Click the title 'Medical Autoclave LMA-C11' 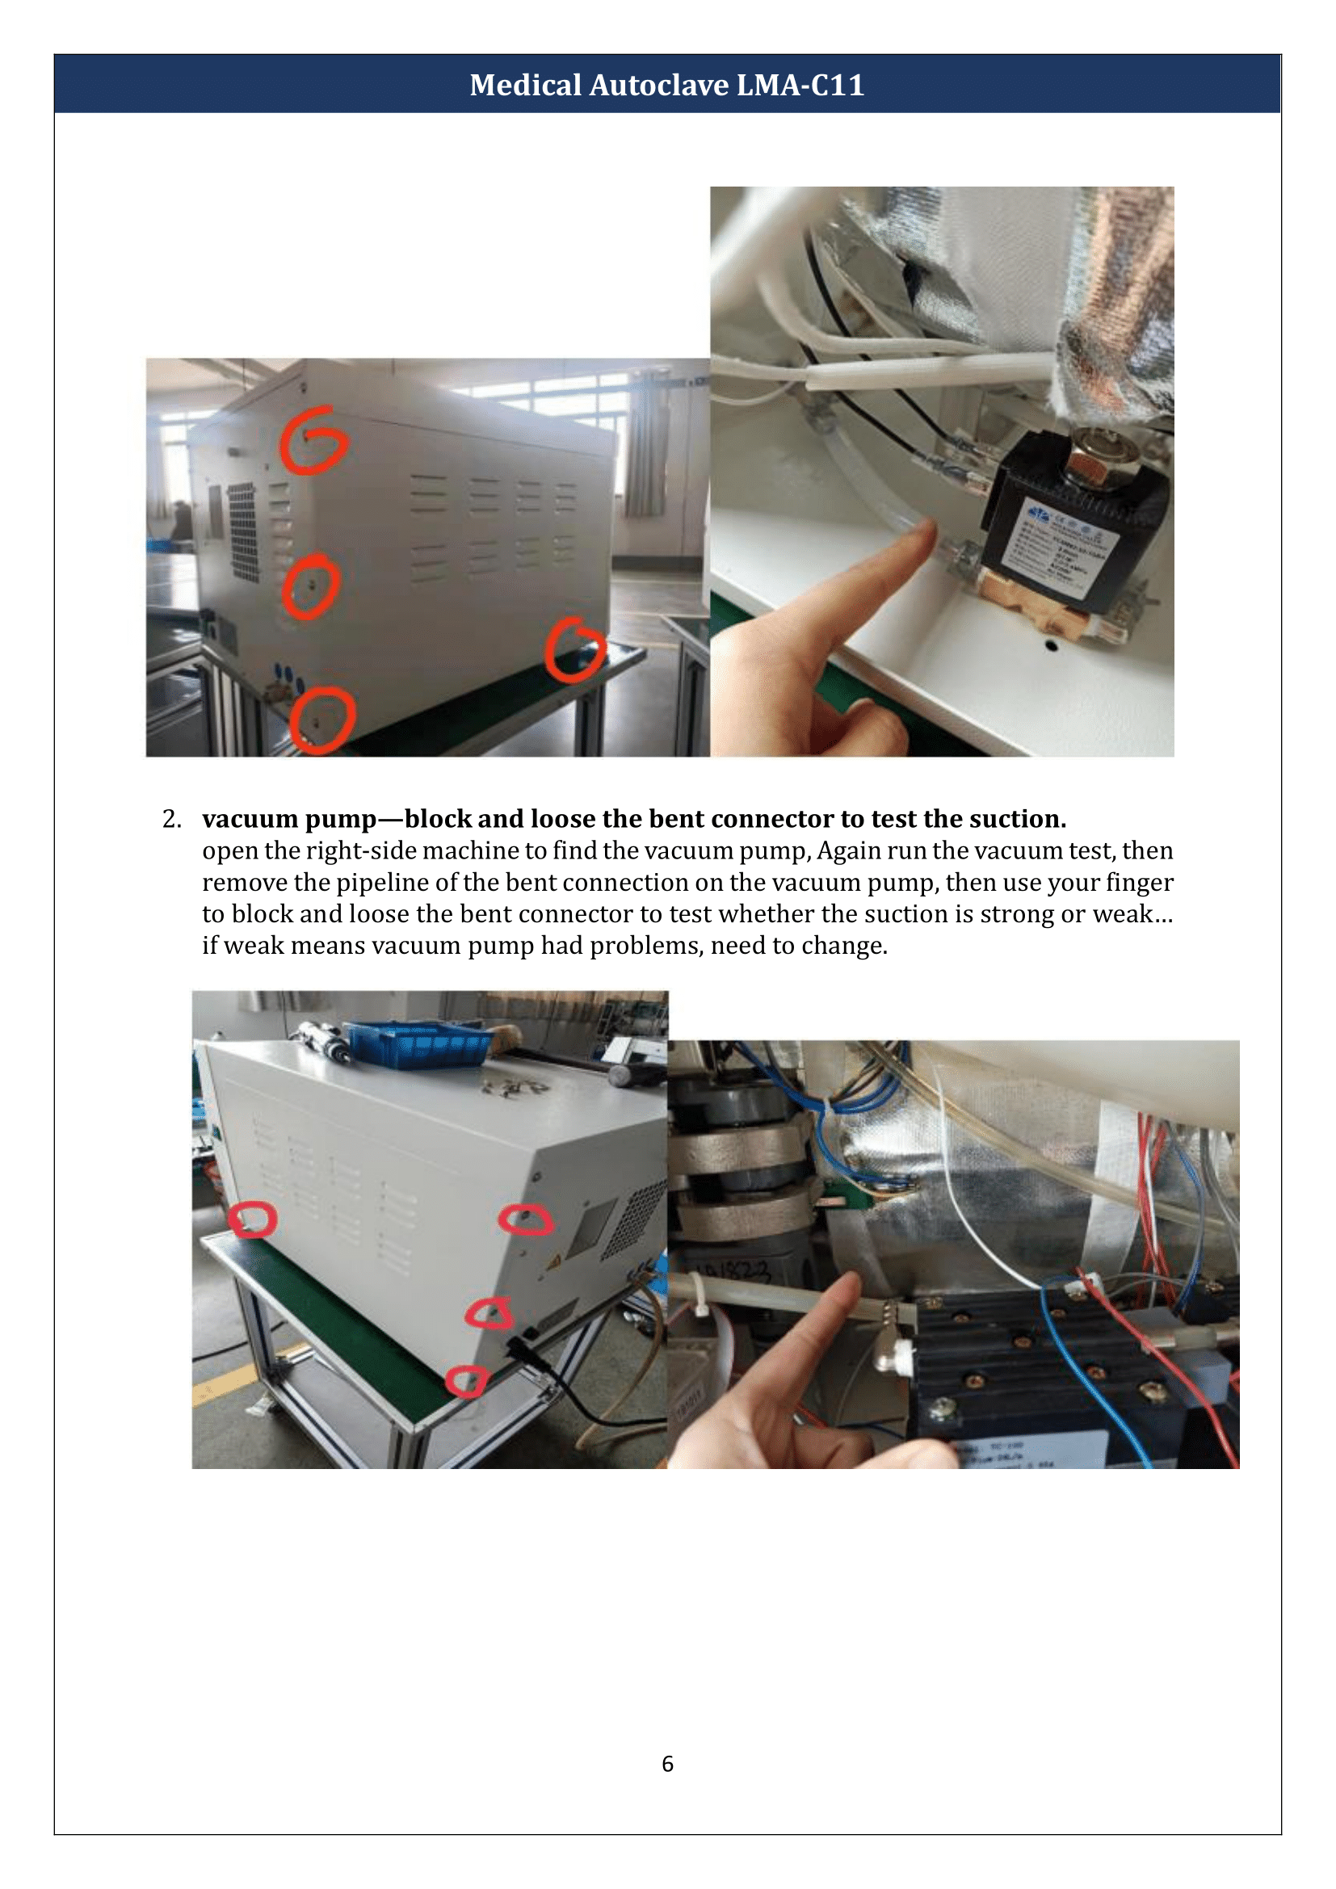667,85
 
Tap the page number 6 667,1763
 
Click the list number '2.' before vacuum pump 171,820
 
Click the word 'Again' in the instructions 847,850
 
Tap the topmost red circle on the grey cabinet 312,441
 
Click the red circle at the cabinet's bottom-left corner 321,720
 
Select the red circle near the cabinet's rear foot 574,650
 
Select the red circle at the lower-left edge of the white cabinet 252,1219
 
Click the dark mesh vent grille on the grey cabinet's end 242,531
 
